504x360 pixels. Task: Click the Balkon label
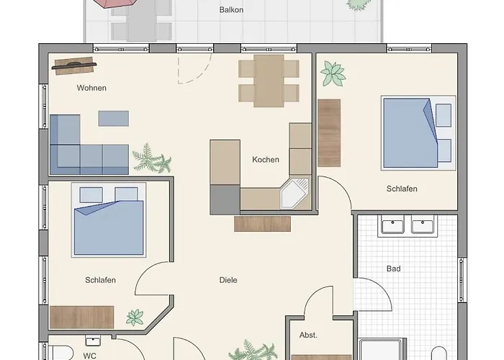(x=231, y=10)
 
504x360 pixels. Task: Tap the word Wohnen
(x=91, y=88)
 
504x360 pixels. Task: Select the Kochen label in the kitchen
(x=266, y=159)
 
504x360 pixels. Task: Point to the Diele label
(x=228, y=280)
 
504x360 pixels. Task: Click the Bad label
(x=393, y=269)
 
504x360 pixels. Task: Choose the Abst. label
(x=308, y=335)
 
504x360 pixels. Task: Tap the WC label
(x=90, y=356)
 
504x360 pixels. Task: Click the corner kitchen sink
(x=294, y=193)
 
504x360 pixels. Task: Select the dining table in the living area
(x=269, y=81)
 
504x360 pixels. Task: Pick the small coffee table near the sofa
(x=114, y=118)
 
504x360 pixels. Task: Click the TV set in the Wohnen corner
(x=74, y=66)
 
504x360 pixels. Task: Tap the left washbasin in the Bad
(x=392, y=225)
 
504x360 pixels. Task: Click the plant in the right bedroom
(x=333, y=73)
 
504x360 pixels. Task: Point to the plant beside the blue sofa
(x=152, y=158)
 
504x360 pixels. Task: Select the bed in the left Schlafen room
(x=109, y=220)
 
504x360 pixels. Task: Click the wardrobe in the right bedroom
(x=329, y=133)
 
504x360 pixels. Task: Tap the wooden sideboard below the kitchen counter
(x=262, y=224)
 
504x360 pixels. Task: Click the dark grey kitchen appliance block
(x=225, y=199)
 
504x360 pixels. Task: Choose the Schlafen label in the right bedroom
(x=402, y=189)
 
